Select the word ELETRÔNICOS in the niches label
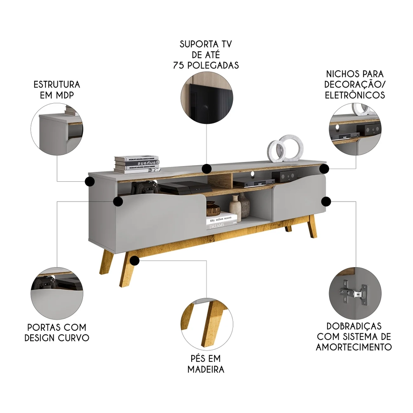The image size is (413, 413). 355,95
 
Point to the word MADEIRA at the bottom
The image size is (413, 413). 206,369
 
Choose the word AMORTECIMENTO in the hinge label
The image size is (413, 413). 354,347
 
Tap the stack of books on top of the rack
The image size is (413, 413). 137,164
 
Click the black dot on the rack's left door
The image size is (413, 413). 118,201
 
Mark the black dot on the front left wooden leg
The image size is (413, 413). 135,260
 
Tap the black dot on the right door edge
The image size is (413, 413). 326,201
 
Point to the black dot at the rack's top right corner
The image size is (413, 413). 324,169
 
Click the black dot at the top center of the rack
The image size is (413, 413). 207,169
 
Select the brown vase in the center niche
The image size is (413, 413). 212,209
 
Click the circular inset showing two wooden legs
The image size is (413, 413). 206,322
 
